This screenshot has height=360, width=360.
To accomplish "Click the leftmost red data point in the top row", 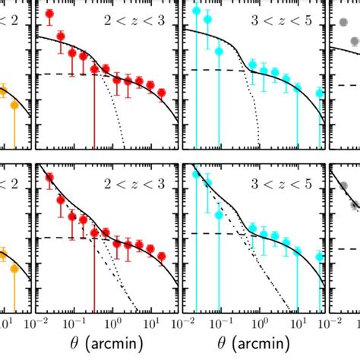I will [49, 14].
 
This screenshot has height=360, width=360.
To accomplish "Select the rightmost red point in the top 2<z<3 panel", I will [161, 93].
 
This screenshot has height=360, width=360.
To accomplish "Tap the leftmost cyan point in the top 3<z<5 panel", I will [197, 11].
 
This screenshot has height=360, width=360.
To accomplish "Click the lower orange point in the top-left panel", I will [14, 106].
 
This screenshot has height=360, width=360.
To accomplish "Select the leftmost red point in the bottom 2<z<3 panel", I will [49, 178].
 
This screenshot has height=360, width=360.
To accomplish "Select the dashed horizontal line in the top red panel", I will [61, 74].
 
